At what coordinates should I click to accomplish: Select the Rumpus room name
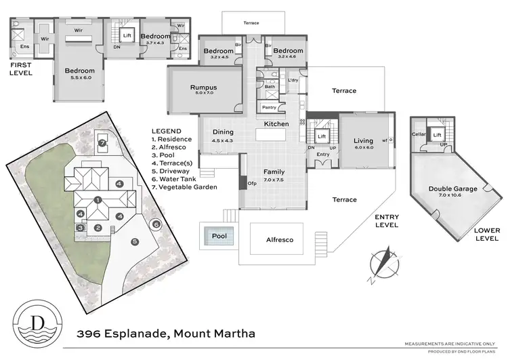point(203,87)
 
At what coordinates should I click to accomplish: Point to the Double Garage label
point(452,189)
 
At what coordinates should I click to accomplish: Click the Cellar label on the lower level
point(418,134)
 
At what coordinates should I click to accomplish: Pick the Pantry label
point(269,107)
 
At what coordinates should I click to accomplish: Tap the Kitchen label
point(276,124)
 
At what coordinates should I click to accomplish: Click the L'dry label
point(293,81)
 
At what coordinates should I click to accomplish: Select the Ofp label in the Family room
point(251,182)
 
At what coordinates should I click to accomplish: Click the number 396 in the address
point(89,334)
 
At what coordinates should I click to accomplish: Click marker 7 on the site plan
point(102,143)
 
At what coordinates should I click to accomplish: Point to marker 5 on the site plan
point(134,241)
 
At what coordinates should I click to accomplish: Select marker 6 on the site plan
point(156,224)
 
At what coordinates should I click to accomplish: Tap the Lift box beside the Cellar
point(438,134)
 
